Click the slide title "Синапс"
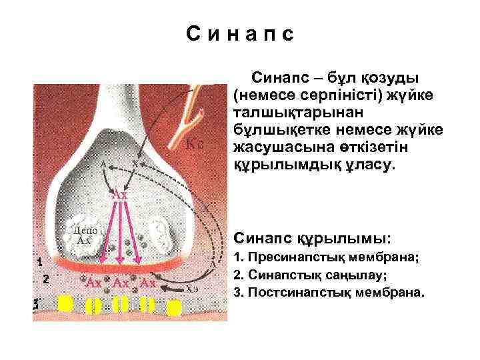[x=240, y=34]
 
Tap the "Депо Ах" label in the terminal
[x=85, y=235]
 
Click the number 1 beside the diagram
[x=40, y=262]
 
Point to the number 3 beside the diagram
[x=38, y=305]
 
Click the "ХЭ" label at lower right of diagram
[x=193, y=289]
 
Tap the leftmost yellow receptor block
[x=65, y=304]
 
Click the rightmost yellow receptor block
[x=174, y=308]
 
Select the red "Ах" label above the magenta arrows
[x=120, y=195]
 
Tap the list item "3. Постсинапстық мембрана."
[x=328, y=292]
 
